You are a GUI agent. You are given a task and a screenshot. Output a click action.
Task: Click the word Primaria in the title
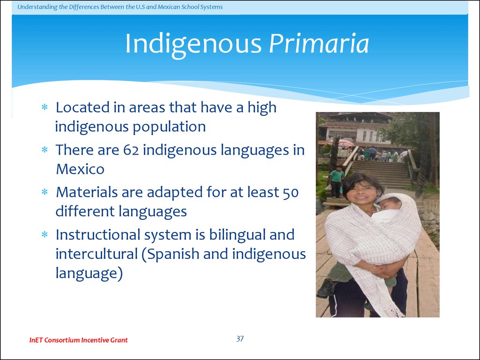point(319,44)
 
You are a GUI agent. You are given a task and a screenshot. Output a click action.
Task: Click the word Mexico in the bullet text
point(80,169)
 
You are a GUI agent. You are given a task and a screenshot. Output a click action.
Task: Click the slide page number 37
point(240,338)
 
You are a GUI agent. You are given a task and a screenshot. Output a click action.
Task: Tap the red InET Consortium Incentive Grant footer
point(78,340)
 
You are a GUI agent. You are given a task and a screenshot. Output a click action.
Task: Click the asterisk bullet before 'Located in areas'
point(45,107)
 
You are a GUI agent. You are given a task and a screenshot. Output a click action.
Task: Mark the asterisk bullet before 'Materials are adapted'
point(45,192)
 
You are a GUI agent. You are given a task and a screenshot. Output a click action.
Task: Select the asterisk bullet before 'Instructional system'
point(45,235)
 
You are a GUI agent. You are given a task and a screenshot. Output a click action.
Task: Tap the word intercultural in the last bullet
point(97,254)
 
